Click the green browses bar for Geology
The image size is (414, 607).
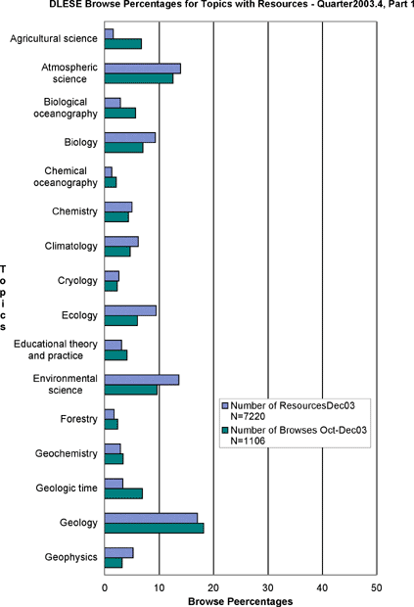point(154,528)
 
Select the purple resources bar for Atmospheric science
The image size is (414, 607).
point(142,69)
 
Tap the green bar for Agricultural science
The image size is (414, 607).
point(123,44)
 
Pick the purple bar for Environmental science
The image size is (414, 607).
point(142,380)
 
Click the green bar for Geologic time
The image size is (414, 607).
point(123,493)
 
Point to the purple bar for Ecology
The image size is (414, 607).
point(130,310)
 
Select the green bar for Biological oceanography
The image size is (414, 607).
point(120,113)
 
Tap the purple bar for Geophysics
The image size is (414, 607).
point(118,553)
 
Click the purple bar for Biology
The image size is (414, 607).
point(130,137)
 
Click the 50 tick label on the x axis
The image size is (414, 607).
point(377,587)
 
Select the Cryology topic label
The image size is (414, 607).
point(77,280)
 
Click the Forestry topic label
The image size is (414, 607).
point(78,419)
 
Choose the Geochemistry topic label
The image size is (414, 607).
point(67,453)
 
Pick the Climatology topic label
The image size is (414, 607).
point(70,246)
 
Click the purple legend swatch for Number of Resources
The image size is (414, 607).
point(225,405)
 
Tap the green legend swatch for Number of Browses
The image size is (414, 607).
point(225,430)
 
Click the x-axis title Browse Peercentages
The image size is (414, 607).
point(240,601)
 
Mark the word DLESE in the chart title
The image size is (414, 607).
point(63,4)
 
